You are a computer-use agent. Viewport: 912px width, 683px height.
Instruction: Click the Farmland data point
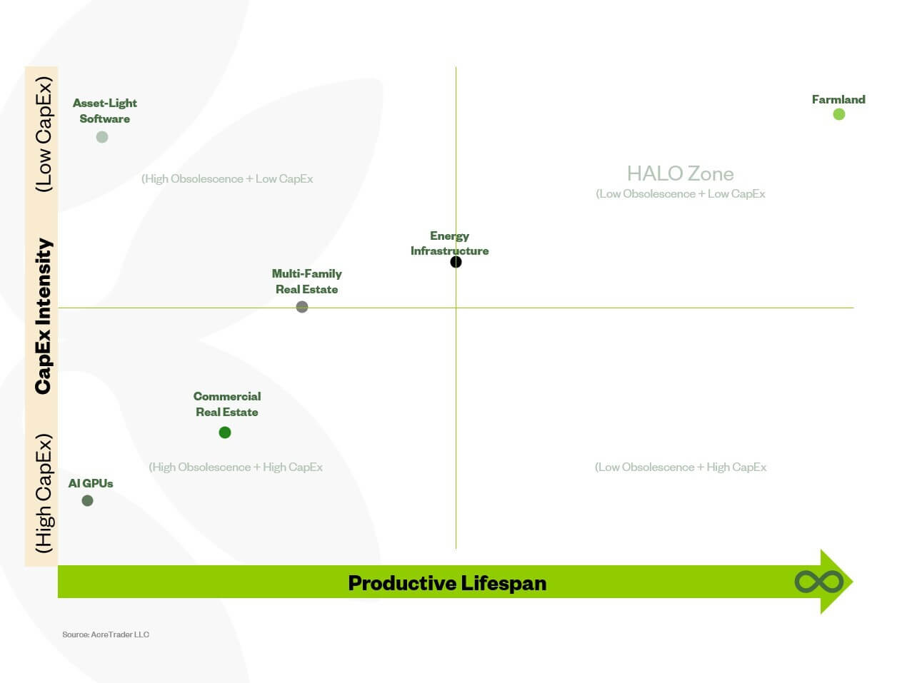coord(838,114)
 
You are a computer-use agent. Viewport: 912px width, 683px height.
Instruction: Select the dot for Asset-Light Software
coord(102,136)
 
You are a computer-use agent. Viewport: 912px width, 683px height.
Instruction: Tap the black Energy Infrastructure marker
coord(456,262)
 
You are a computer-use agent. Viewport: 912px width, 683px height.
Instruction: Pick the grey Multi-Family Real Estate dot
coord(301,307)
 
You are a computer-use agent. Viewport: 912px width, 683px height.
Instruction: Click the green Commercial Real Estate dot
coord(224,432)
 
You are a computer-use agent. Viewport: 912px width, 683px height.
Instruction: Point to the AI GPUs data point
coord(87,500)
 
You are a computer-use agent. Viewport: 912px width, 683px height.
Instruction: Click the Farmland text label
coord(838,100)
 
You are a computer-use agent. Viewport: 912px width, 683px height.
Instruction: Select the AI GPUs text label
coord(91,483)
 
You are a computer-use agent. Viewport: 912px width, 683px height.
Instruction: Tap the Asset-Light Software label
coord(105,111)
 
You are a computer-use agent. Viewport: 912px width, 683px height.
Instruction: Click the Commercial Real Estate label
coord(227,404)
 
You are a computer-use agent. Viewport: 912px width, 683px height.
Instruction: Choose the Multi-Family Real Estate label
coord(306,281)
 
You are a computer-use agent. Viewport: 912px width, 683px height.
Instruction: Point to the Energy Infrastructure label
coord(449,243)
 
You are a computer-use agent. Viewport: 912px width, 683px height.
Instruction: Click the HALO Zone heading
coord(680,173)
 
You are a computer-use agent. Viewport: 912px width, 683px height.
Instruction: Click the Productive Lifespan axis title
coord(447,583)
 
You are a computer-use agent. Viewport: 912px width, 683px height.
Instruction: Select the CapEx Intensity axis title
coord(44,316)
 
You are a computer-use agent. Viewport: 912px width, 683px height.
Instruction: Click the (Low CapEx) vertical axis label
coord(44,134)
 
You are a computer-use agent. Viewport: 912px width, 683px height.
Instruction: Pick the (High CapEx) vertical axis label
coord(44,493)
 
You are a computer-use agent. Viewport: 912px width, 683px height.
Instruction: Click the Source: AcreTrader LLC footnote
coord(106,634)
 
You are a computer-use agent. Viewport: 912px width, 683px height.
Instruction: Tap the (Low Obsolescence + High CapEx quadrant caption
coord(680,467)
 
